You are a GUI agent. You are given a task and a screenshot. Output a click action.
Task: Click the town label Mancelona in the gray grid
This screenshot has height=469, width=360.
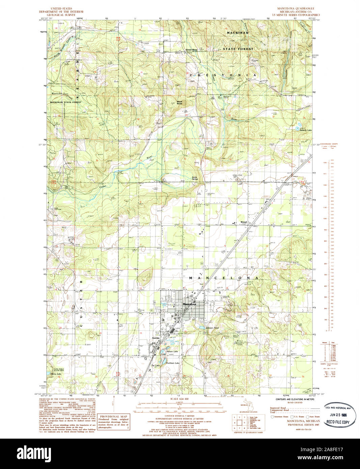(189, 304)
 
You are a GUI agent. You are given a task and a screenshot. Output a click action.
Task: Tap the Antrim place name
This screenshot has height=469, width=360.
(156, 338)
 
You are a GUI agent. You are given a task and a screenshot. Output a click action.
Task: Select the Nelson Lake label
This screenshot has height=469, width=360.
(172, 352)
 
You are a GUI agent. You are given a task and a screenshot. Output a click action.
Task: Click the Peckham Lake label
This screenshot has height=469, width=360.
(172, 363)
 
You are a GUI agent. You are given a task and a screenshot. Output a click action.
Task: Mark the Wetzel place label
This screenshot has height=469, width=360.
(244, 222)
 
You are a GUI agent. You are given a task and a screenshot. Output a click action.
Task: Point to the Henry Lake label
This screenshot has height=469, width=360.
(55, 374)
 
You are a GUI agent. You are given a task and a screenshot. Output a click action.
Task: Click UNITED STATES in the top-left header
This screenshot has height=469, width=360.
(61, 8)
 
